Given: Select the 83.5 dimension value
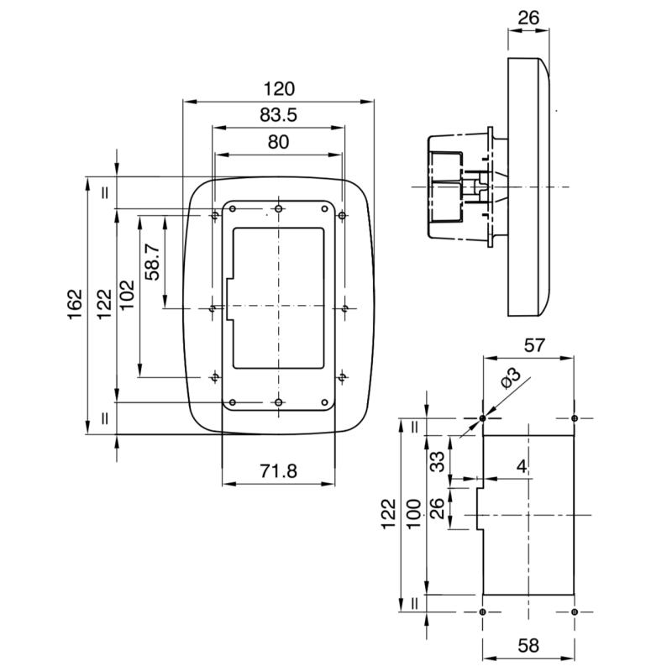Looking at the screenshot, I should tap(278, 115).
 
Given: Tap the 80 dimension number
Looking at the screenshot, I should tap(278, 142).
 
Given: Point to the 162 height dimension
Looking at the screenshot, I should tap(75, 305).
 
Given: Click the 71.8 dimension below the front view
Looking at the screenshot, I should tap(278, 471).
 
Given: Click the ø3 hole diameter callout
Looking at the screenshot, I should tap(510, 380).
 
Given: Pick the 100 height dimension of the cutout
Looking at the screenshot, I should tap(414, 513).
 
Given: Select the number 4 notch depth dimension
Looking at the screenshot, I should tap(522, 467).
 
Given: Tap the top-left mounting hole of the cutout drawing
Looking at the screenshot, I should tap(482, 418).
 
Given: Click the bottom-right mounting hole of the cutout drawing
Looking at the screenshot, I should tap(575, 612).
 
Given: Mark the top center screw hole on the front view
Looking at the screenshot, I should tap(278, 208).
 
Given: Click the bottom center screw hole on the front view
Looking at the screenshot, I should tap(278, 402).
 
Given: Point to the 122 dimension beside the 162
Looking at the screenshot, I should tap(102, 305).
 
